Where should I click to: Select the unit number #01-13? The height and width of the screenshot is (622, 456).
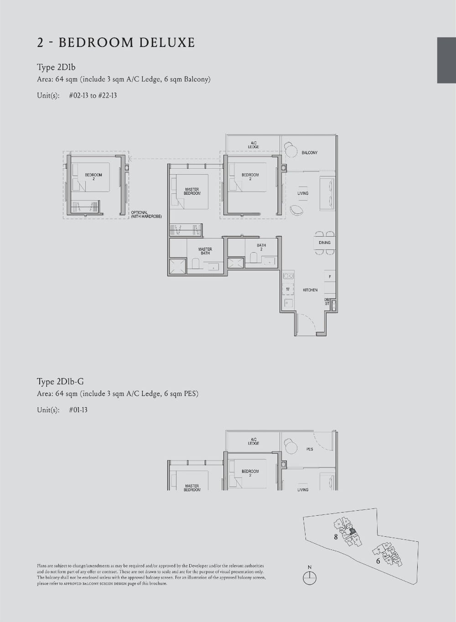(x=78, y=410)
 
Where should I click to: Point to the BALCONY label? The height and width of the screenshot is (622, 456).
(x=309, y=153)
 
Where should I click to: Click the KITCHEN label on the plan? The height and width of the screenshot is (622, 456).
(x=310, y=290)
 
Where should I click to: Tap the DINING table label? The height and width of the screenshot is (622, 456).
(x=325, y=243)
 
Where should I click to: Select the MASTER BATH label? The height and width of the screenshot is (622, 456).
(x=205, y=251)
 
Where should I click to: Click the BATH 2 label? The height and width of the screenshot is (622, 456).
(x=261, y=247)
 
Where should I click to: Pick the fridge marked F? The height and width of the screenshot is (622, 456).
(x=330, y=277)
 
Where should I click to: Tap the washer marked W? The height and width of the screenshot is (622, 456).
(x=288, y=289)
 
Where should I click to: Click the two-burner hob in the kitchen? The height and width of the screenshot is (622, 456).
(x=288, y=276)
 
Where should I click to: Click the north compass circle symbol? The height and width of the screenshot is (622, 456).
(x=310, y=577)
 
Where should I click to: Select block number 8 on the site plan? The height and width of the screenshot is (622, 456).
(x=336, y=537)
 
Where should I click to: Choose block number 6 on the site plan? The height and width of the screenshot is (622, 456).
(x=378, y=561)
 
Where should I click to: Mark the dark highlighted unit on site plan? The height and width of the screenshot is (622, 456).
(x=352, y=531)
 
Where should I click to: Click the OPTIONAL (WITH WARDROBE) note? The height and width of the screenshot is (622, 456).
(x=146, y=214)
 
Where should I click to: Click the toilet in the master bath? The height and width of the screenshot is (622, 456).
(x=195, y=264)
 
